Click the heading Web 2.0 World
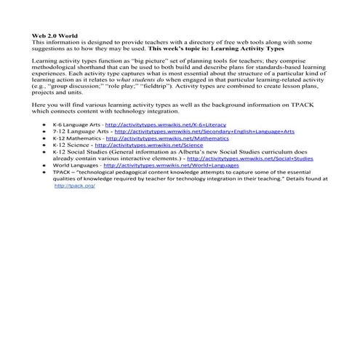[x=55, y=35]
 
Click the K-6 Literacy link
[x=165, y=124]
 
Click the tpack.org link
[x=75, y=185]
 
